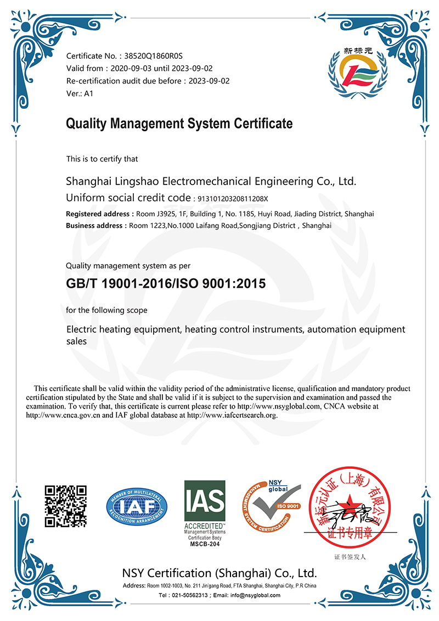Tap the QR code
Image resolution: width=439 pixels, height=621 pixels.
coord(66,506)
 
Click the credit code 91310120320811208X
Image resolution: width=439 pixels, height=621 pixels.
coord(234,198)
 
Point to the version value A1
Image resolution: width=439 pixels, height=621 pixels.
coord(88,94)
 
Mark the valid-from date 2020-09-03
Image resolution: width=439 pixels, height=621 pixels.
coord(130,69)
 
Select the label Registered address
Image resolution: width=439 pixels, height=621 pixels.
coord(97,214)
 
